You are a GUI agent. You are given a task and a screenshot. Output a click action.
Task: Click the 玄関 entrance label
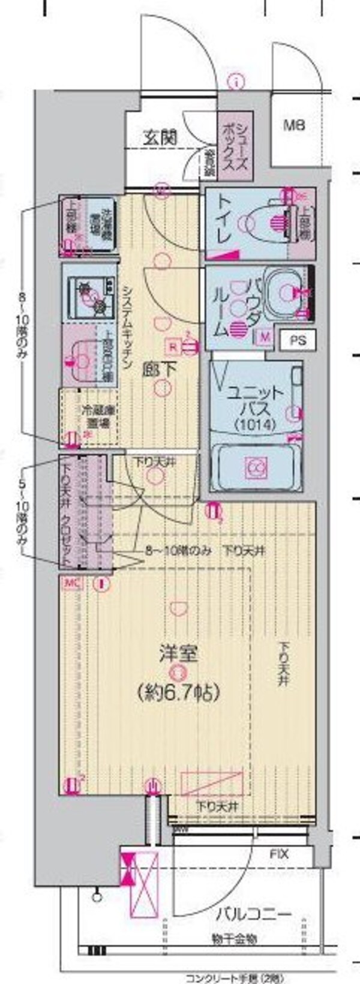click(160, 137)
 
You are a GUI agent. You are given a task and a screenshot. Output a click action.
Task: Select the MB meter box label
click(294, 125)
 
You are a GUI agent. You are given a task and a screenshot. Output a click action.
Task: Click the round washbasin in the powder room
click(286, 292)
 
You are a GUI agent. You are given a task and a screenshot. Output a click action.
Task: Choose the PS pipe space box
click(298, 340)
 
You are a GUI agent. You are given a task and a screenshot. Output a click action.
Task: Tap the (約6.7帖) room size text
click(177, 692)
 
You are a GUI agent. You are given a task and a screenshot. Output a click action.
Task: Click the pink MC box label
click(70, 582)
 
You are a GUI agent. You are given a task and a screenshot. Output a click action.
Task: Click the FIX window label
click(278, 853)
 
